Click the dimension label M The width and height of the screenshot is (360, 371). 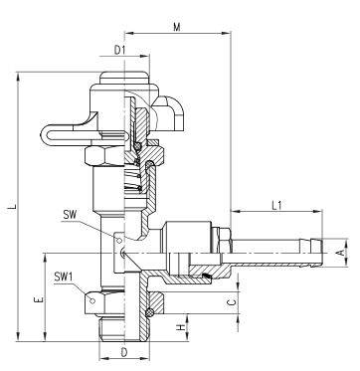[x=177, y=27]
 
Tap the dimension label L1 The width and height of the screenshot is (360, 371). [x=276, y=206]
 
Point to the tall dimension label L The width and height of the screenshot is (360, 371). [x=12, y=206]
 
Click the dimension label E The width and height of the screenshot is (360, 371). [x=39, y=299]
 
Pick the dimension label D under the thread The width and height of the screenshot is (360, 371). [x=124, y=352]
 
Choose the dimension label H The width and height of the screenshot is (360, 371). [x=181, y=327]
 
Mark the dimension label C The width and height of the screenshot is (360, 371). [x=233, y=302]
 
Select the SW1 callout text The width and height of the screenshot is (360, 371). [x=64, y=278]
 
